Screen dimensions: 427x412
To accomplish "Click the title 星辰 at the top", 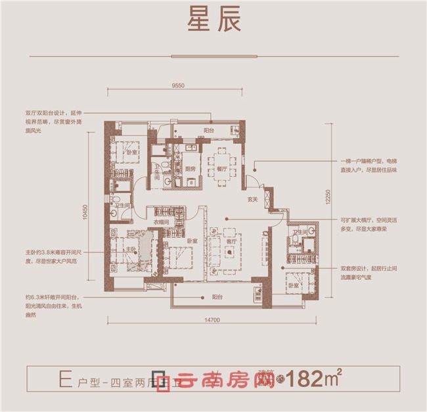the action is click(213, 19).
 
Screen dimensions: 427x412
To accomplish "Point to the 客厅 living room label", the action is click(230, 241).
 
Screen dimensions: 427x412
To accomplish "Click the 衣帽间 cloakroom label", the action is click(162, 223).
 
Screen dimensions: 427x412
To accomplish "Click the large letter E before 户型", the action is click(64, 379).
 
